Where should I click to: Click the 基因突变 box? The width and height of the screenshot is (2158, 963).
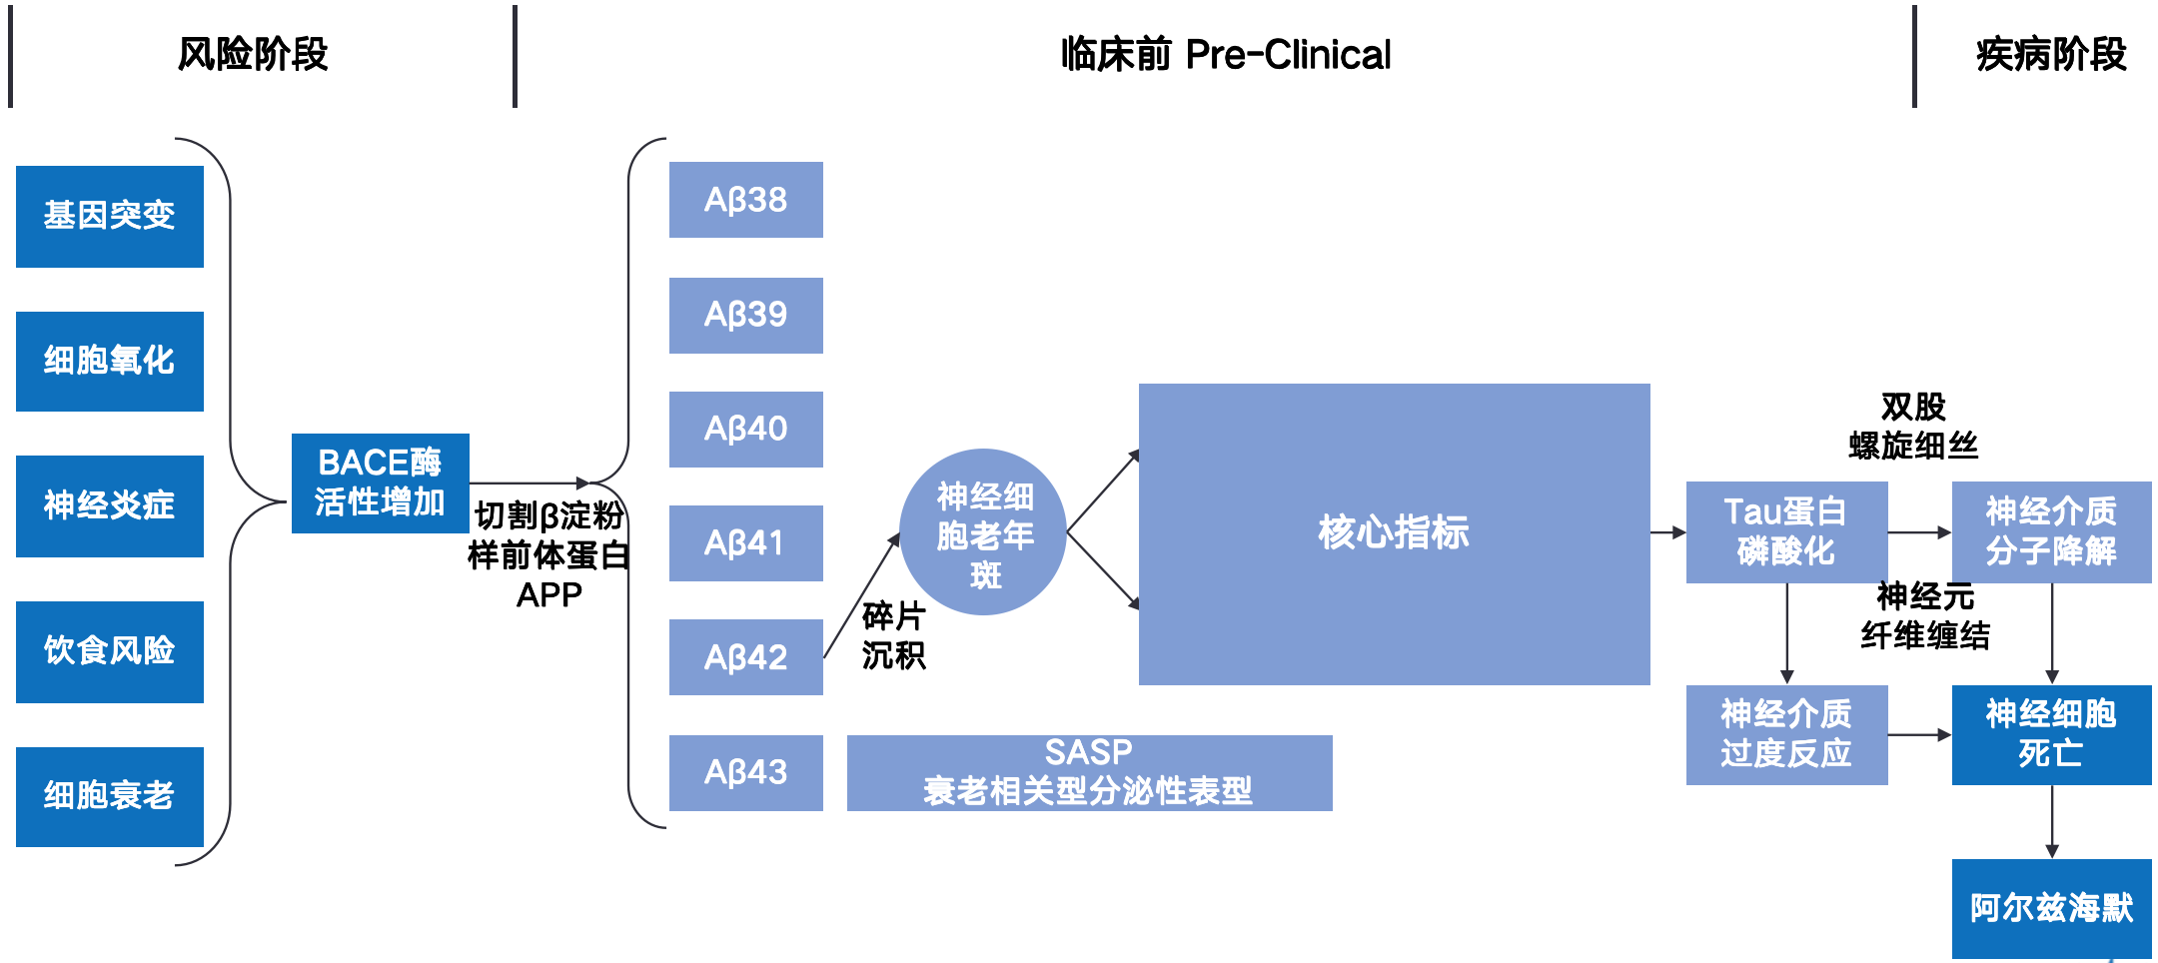(x=110, y=216)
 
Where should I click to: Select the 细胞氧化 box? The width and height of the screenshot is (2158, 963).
(x=110, y=361)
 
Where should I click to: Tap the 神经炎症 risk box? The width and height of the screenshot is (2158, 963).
(x=110, y=505)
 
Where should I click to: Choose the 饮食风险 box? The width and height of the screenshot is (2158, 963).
(x=110, y=651)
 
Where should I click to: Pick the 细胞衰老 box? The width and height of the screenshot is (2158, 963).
(x=110, y=796)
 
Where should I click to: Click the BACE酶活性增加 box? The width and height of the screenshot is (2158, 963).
(x=380, y=482)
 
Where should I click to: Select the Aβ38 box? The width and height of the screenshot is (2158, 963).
(x=745, y=200)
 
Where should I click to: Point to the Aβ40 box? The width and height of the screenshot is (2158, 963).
(x=745, y=429)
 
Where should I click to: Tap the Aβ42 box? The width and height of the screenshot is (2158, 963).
(x=745, y=657)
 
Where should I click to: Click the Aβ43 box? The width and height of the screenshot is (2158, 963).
(x=745, y=772)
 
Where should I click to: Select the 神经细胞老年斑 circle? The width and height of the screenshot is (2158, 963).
(x=984, y=532)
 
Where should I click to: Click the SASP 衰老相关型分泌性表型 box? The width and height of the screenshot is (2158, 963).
(x=1089, y=772)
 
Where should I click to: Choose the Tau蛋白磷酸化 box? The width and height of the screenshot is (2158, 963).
(x=1786, y=531)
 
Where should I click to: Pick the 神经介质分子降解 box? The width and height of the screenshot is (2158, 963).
(x=2051, y=531)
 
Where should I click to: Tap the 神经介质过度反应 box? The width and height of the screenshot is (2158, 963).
(x=1786, y=734)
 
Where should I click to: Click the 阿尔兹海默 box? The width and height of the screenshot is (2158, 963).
(x=2051, y=908)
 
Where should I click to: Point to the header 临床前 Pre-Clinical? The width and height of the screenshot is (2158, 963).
(x=1226, y=55)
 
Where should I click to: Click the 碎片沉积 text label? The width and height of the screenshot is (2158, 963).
(x=894, y=635)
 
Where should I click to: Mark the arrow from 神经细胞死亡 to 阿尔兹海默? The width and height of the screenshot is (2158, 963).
(x=2051, y=821)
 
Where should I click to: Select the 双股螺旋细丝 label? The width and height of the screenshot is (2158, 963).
(x=1913, y=426)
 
